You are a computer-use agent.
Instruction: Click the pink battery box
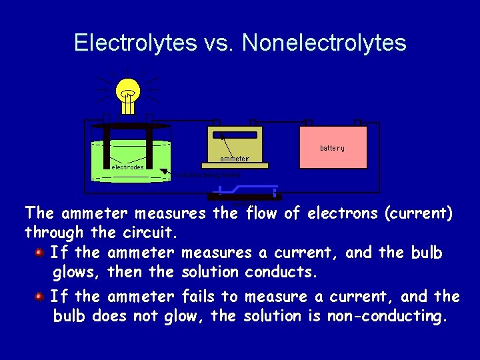(x=332, y=147)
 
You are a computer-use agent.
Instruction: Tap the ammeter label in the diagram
(x=234, y=159)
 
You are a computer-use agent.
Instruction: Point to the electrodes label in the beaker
(x=127, y=167)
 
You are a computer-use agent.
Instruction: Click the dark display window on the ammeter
(x=234, y=135)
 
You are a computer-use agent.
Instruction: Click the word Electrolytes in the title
(x=135, y=43)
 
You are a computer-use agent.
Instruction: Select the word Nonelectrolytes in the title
(x=324, y=43)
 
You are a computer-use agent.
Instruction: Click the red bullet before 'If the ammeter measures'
(x=40, y=253)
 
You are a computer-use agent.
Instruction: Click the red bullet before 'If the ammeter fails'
(x=40, y=295)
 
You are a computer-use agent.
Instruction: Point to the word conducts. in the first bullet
(x=281, y=273)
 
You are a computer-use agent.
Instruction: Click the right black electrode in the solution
(x=149, y=148)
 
